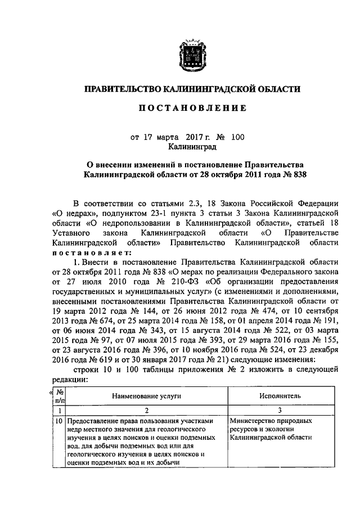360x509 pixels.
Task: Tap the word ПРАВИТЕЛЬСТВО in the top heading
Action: click(x=122, y=88)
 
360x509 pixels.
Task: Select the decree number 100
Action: click(x=238, y=137)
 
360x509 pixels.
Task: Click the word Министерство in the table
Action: click(x=254, y=421)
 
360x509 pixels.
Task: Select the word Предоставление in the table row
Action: click(x=92, y=421)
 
